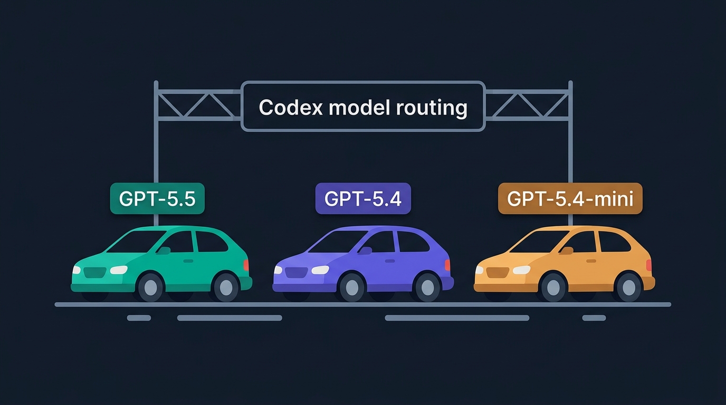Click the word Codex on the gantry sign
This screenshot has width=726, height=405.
pyautogui.click(x=291, y=107)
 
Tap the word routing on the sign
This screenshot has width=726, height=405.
pyautogui.click(x=432, y=108)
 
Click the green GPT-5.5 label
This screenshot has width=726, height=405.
pyautogui.click(x=157, y=198)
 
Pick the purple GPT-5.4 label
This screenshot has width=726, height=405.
pyautogui.click(x=363, y=198)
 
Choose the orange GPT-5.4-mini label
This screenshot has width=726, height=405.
pyautogui.click(x=570, y=198)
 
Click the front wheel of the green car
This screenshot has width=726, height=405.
pyautogui.click(x=150, y=287)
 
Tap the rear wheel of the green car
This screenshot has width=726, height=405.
pyautogui.click(x=226, y=287)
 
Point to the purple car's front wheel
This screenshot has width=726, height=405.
pyautogui.click(x=352, y=287)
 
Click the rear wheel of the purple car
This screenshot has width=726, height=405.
pyautogui.click(x=427, y=287)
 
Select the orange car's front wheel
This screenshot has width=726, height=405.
pyautogui.click(x=553, y=287)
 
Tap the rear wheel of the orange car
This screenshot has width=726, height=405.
pyautogui.click(x=629, y=287)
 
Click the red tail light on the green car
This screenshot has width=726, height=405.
pyautogui.click(x=246, y=265)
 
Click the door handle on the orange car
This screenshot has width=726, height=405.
pyautogui.click(x=591, y=261)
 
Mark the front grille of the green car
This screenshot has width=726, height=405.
pyautogui.click(x=94, y=273)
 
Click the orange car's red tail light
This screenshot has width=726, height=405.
pyautogui.click(x=649, y=265)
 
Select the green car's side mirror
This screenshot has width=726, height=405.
pyautogui.click(x=164, y=251)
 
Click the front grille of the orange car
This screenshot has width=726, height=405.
pyautogui.click(x=498, y=273)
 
